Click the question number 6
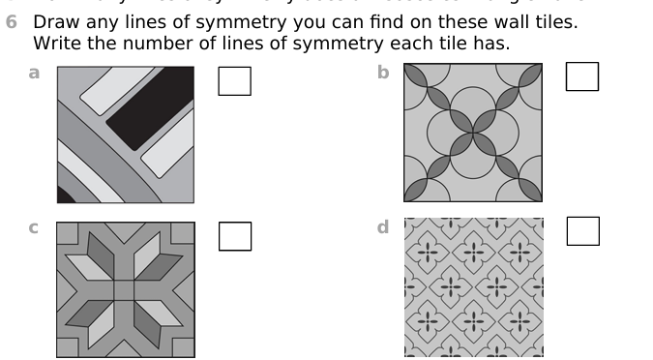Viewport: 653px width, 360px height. [x=12, y=21]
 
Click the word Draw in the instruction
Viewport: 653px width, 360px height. [x=55, y=21]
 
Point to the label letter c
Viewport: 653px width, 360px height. [x=34, y=228]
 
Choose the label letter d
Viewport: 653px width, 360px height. [x=383, y=228]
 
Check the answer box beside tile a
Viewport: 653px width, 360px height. [x=234, y=80]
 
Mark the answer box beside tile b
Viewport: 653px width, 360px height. [x=581, y=76]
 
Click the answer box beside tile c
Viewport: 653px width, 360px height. [x=234, y=235]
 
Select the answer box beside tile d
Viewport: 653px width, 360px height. [x=581, y=231]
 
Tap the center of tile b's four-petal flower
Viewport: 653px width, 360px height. [x=472, y=133]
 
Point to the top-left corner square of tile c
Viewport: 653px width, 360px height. [x=69, y=234]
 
